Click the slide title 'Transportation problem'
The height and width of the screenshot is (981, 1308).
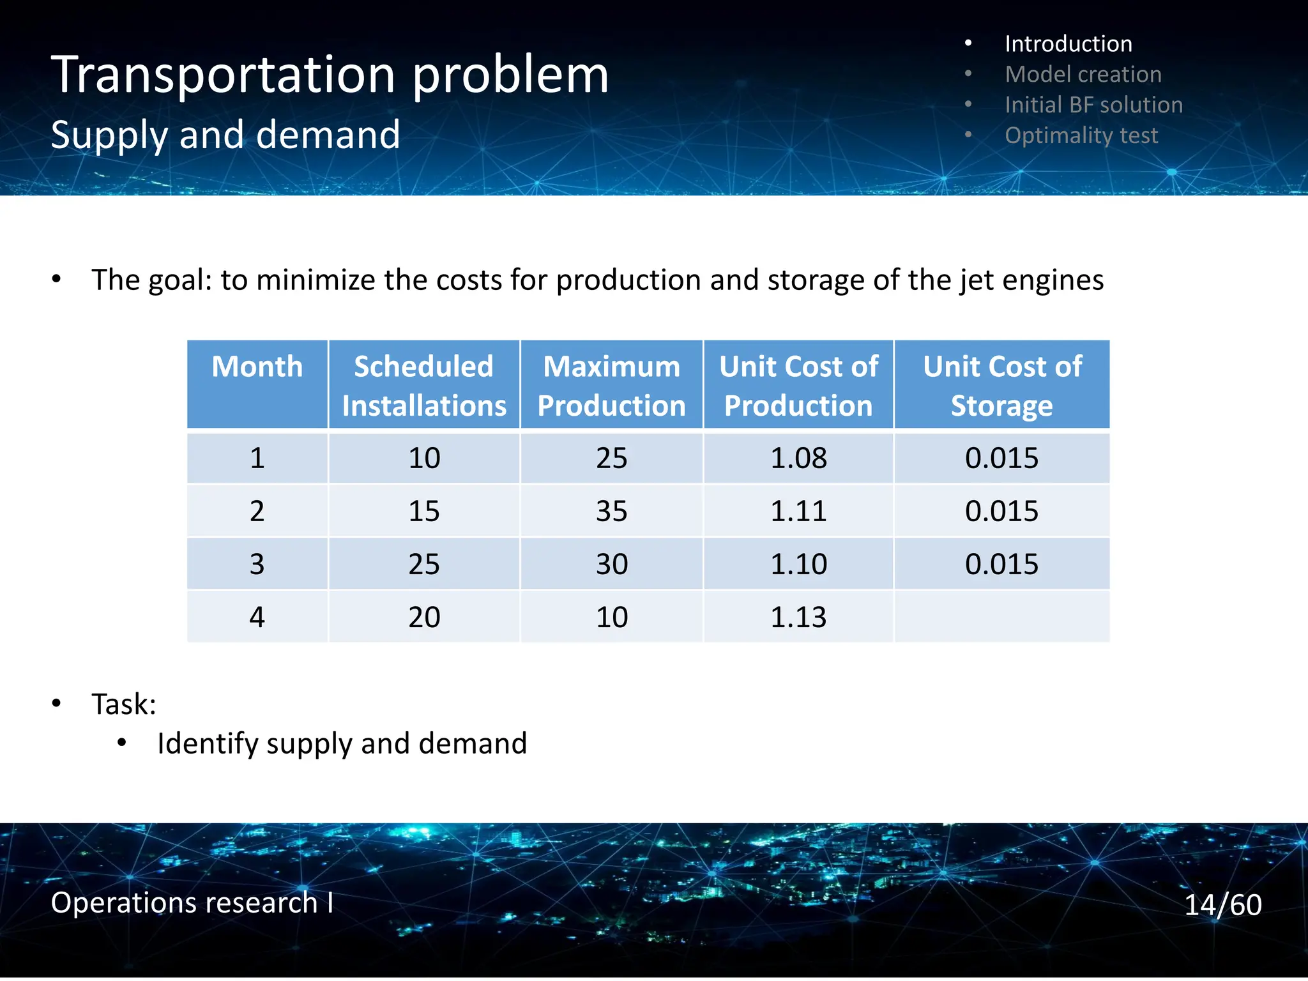[330, 75]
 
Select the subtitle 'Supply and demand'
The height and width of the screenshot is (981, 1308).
[225, 135]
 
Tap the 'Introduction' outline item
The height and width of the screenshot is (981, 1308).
[1068, 44]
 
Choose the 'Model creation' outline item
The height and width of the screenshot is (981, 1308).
[1083, 75]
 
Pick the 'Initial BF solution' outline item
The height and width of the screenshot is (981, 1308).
[1093, 105]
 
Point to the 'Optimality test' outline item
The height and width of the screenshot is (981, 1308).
[1081, 135]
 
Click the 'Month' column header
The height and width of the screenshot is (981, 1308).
[257, 367]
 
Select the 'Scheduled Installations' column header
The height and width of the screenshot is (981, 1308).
[423, 385]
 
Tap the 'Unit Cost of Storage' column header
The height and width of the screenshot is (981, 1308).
[1001, 385]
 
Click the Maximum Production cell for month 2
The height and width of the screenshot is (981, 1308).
[611, 511]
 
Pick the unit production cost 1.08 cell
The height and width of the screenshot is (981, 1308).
[798, 458]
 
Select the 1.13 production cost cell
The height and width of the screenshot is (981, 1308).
[798, 617]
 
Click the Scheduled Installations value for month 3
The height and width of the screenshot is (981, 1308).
[423, 564]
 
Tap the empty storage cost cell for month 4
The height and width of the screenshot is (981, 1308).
[1001, 617]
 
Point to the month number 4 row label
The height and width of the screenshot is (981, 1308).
[257, 617]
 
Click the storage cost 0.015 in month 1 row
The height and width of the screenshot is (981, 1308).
[1001, 458]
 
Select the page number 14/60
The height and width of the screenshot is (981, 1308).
[1222, 904]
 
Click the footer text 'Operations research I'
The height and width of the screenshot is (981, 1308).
[192, 902]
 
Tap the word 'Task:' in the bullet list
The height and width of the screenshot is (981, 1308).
[124, 704]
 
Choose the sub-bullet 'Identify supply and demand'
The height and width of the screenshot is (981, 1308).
[342, 743]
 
